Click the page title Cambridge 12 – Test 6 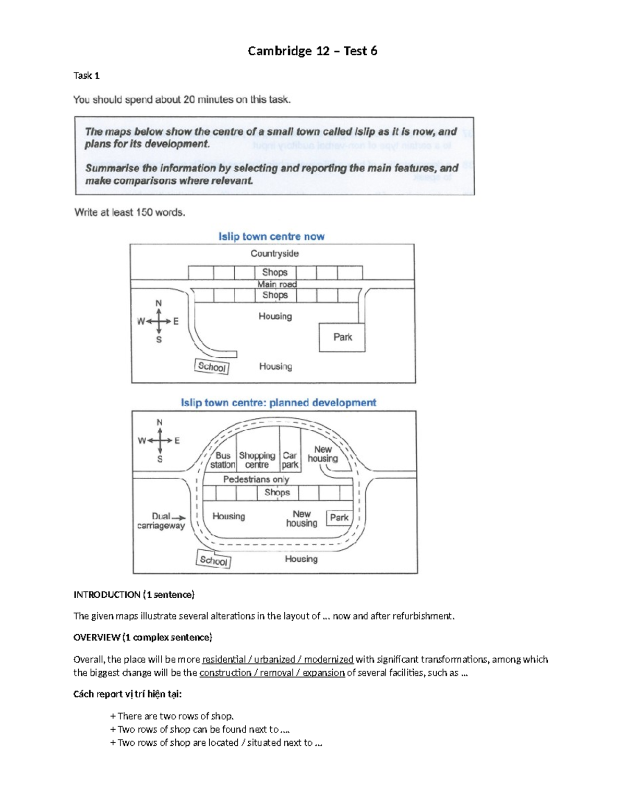[x=312, y=51]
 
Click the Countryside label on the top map [x=274, y=253]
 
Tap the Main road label [x=277, y=284]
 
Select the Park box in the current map [x=342, y=337]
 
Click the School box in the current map [x=212, y=367]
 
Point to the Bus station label [x=223, y=460]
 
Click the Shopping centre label [x=257, y=460]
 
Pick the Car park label [x=290, y=460]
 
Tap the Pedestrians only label [x=256, y=479]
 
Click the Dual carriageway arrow [x=178, y=517]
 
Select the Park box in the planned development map [x=339, y=517]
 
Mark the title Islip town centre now [x=271, y=236]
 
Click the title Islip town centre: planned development [x=278, y=403]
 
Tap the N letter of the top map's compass [x=159, y=303]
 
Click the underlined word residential [x=224, y=659]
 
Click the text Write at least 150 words [x=129, y=212]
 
